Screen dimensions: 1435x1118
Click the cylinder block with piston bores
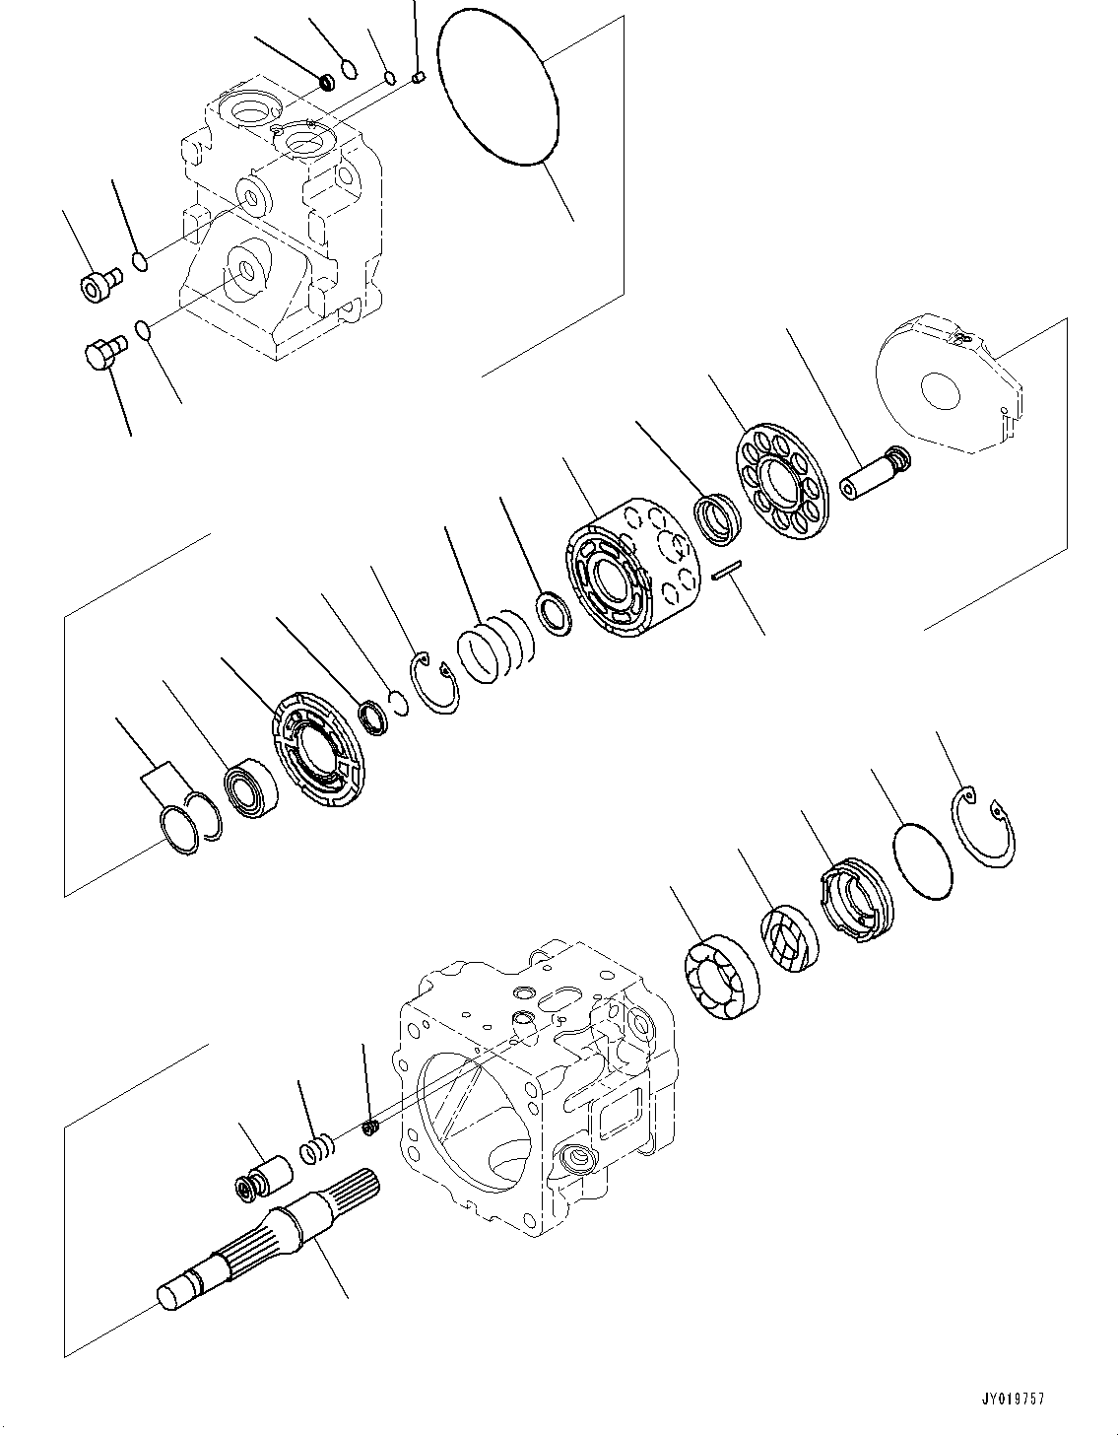631,566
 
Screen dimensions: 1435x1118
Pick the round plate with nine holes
784,468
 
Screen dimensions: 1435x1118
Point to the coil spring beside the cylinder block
497,647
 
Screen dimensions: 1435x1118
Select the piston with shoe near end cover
876,474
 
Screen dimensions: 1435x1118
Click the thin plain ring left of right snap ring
923,861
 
